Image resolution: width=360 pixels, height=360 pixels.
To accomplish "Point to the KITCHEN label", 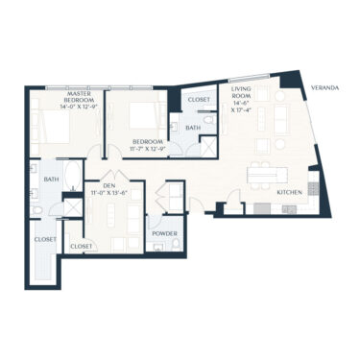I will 291,193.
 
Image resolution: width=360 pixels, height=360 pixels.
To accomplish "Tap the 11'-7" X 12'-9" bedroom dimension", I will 149,148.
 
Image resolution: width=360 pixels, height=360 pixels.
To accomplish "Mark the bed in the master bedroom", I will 48,126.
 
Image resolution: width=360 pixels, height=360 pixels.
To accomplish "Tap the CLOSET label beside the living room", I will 199,99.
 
